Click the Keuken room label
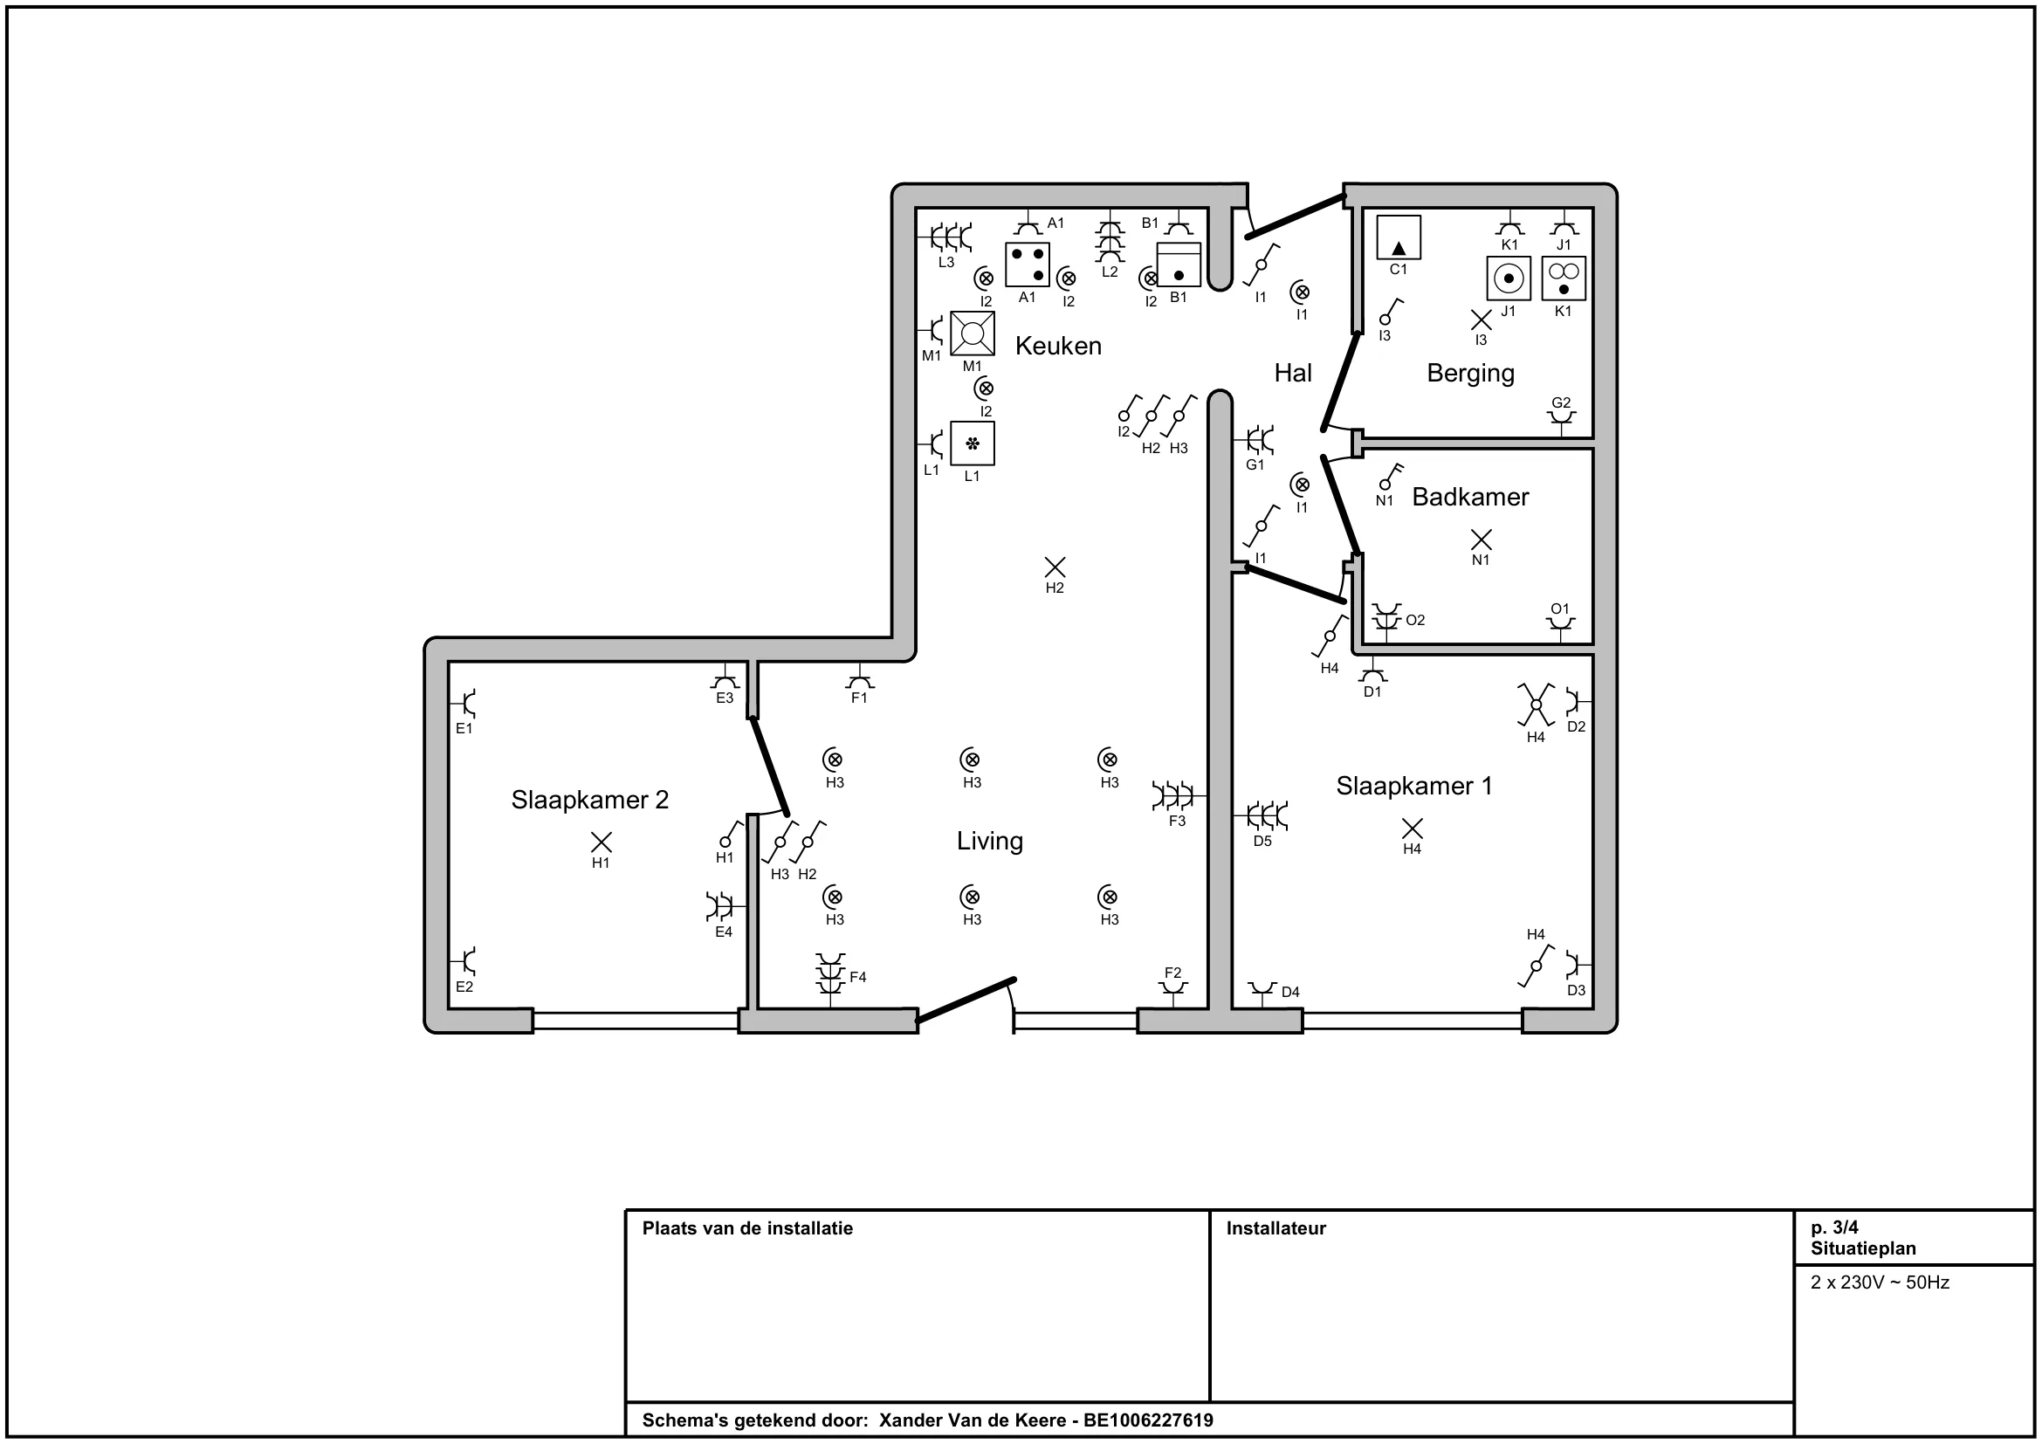[1057, 346]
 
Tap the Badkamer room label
[1470, 497]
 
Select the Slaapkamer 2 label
[589, 801]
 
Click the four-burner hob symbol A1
[1028, 264]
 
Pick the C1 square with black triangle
[1398, 237]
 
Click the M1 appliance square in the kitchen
[972, 333]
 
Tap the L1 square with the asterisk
[972, 443]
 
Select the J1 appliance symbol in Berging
[1509, 278]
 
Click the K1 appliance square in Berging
[1564, 278]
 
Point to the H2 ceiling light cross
[1055, 567]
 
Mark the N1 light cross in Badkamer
[1481, 539]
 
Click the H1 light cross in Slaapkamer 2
[602, 841]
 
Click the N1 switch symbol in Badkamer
[1390, 477]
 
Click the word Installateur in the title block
[1275, 1228]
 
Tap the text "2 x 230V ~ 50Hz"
[1880, 1282]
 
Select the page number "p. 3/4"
[1834, 1228]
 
